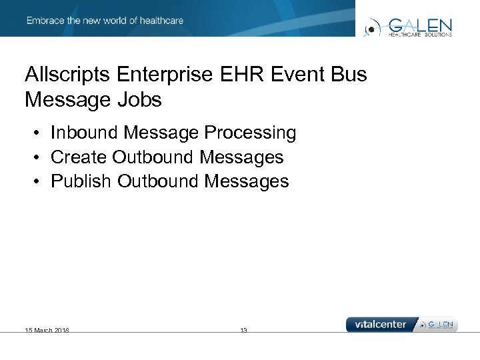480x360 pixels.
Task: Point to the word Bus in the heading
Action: point(348,74)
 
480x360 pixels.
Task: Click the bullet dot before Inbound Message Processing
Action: point(39,134)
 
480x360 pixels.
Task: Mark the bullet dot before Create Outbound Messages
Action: point(39,158)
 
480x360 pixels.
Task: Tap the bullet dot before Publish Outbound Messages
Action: point(39,182)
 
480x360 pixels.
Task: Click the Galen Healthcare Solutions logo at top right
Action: point(409,27)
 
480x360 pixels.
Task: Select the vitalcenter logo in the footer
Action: point(380,325)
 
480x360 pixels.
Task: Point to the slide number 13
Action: point(243,330)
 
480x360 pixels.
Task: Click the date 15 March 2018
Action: point(47,330)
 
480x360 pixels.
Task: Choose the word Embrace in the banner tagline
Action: point(46,21)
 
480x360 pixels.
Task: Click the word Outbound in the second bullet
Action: point(153,157)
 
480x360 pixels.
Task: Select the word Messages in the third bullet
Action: point(247,181)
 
